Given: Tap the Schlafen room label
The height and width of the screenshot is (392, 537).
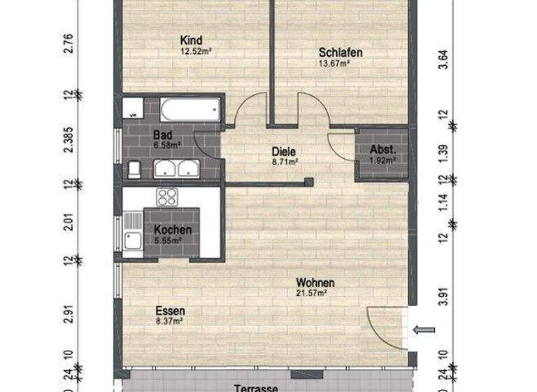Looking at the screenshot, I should [334, 52].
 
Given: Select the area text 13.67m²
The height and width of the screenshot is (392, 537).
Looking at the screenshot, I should [334, 63].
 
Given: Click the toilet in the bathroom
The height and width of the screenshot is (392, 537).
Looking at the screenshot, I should [134, 169].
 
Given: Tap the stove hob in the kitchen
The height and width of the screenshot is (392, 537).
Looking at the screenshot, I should [168, 197].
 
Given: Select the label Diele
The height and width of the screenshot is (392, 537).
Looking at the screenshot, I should [285, 150].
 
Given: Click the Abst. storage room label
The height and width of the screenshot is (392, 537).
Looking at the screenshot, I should [382, 149].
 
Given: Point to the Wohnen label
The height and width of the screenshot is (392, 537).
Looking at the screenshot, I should [314, 283].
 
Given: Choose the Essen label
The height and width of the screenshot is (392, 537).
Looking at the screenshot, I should [170, 311].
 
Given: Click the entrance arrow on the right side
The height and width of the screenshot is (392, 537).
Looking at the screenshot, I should [424, 330].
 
